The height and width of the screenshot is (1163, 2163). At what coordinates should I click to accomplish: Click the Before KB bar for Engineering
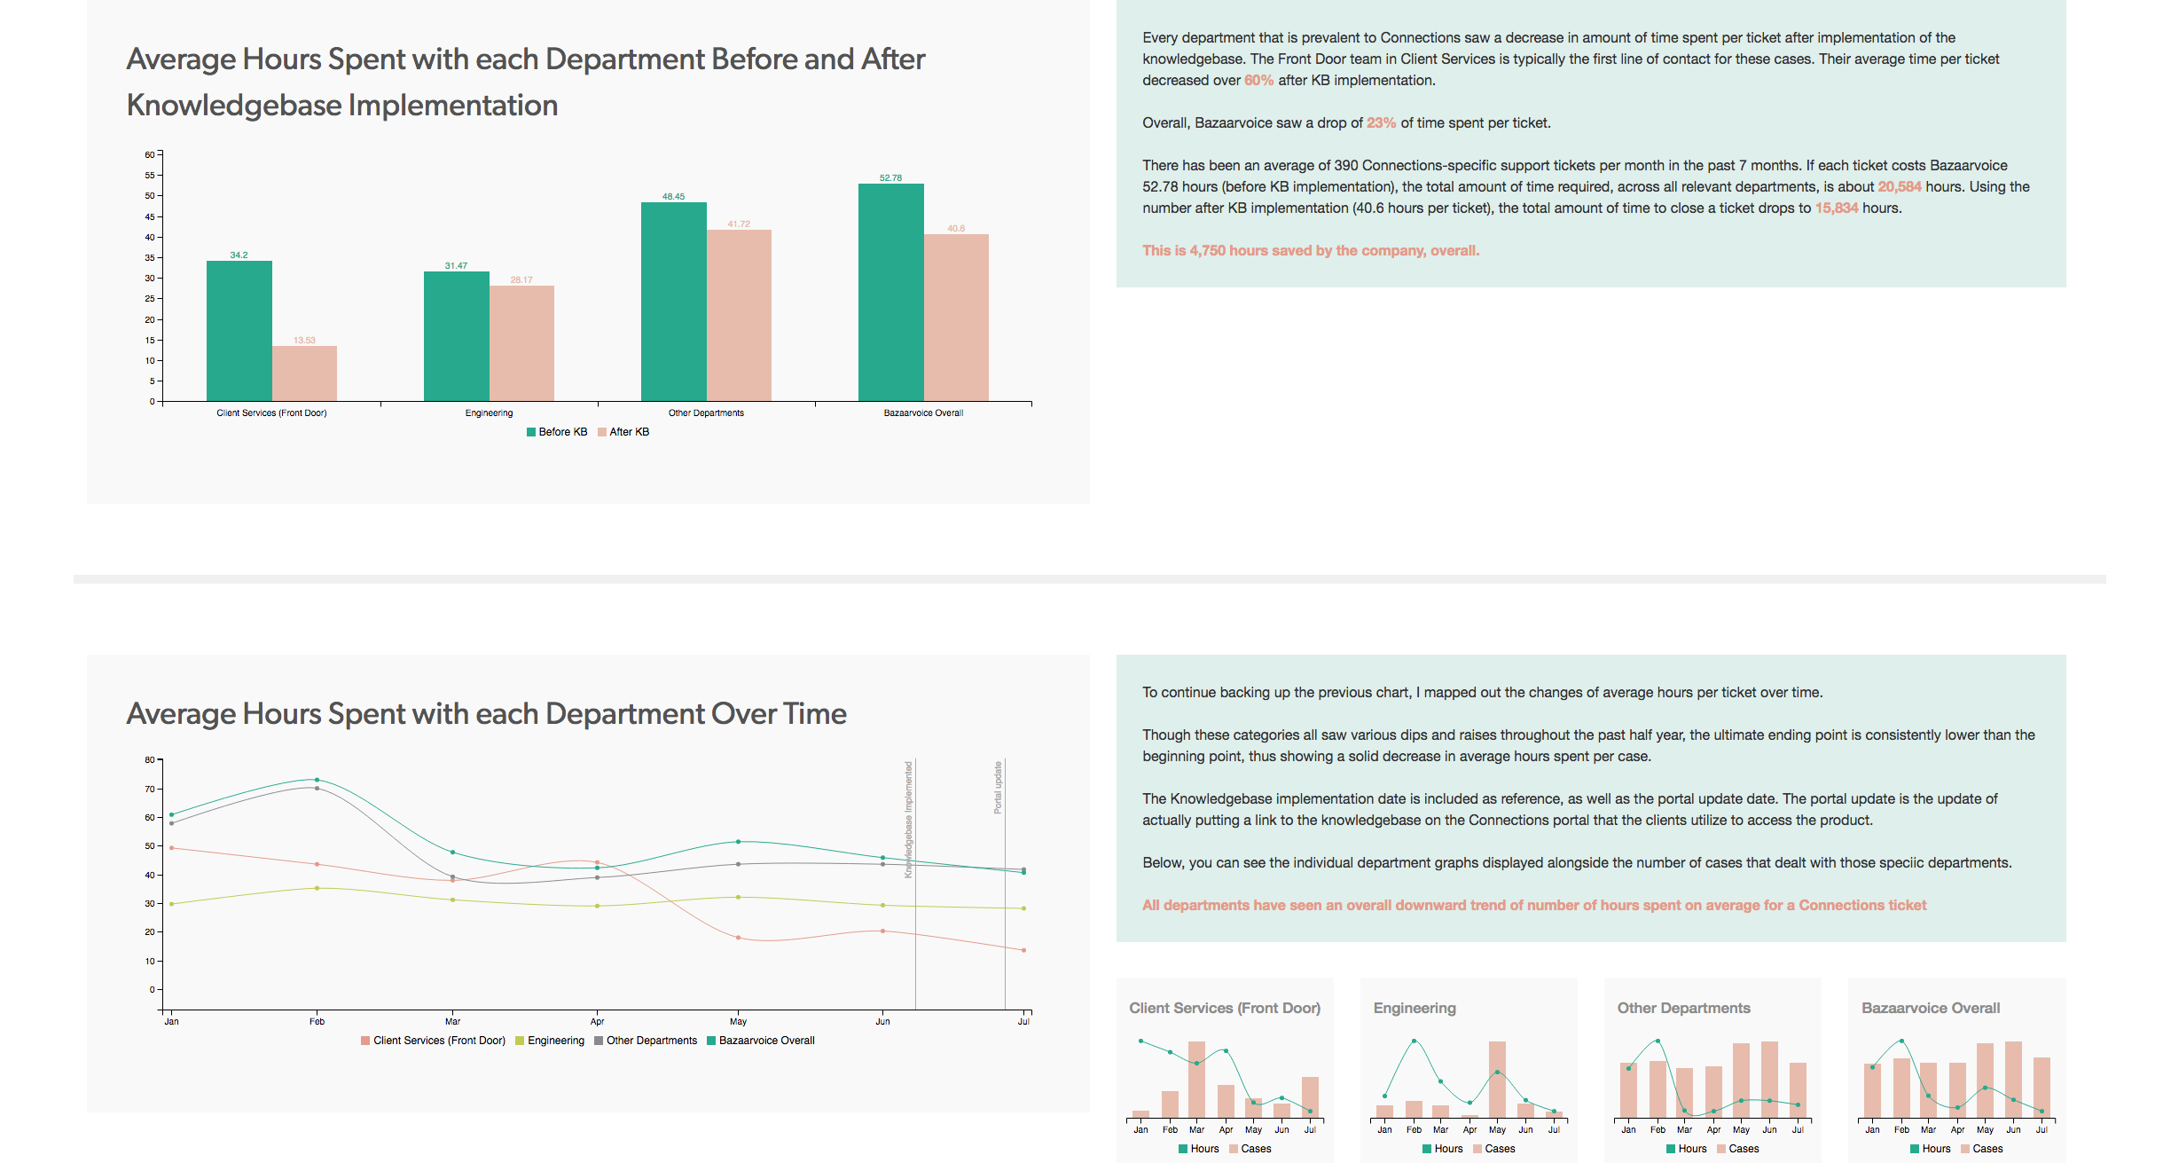(x=456, y=336)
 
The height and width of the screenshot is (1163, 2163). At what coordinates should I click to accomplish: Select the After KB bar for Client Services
(x=304, y=373)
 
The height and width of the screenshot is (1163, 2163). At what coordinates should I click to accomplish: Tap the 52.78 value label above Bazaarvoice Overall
(x=890, y=178)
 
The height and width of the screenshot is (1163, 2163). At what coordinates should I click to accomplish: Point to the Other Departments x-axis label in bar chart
(x=706, y=413)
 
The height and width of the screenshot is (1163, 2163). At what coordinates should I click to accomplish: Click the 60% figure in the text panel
(x=1258, y=81)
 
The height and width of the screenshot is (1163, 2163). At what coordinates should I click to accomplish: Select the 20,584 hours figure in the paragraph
(x=1899, y=187)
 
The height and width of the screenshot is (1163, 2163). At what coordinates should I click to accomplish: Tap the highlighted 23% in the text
(x=1381, y=123)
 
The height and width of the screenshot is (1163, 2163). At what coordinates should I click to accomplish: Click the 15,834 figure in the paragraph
(x=1836, y=208)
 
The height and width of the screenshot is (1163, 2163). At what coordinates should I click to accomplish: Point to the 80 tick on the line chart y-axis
(x=150, y=760)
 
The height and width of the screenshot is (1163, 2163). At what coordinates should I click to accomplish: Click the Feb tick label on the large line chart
(x=317, y=1022)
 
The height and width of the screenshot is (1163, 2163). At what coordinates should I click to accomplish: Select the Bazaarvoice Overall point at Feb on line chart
(x=317, y=780)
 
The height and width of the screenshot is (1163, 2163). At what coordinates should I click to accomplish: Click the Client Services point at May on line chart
(x=738, y=938)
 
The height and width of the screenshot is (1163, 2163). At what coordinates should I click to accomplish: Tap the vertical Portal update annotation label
(x=998, y=788)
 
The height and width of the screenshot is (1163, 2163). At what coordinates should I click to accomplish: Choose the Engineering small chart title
(x=1415, y=1009)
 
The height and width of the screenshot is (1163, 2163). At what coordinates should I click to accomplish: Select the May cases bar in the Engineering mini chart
(x=1497, y=1079)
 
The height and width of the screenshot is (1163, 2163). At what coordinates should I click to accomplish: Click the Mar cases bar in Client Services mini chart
(x=1196, y=1079)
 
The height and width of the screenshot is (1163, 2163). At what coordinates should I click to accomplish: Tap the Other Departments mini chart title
(x=1683, y=1009)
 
